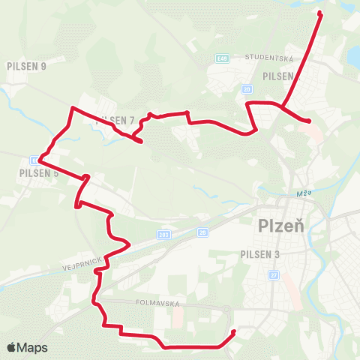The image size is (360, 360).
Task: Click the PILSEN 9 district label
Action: click(26, 66)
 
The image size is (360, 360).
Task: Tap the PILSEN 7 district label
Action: click(115, 121)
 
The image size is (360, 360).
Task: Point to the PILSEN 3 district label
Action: click(260, 255)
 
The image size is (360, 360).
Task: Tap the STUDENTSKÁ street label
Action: click(271, 58)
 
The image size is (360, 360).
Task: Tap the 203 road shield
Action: click(163, 235)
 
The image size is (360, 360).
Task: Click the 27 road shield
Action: click(274, 275)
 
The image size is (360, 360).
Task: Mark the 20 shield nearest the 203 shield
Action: click(202, 233)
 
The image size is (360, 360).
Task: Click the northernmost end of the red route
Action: click(320, 13)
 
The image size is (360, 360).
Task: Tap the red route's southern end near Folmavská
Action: click(234, 331)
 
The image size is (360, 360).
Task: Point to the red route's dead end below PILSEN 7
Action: click(141, 140)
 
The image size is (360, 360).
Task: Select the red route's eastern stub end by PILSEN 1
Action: click(310, 121)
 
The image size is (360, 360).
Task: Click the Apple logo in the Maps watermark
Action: click(12, 348)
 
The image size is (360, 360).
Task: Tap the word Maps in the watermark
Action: click(33, 348)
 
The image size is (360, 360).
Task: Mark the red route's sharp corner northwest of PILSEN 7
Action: click(71, 109)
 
